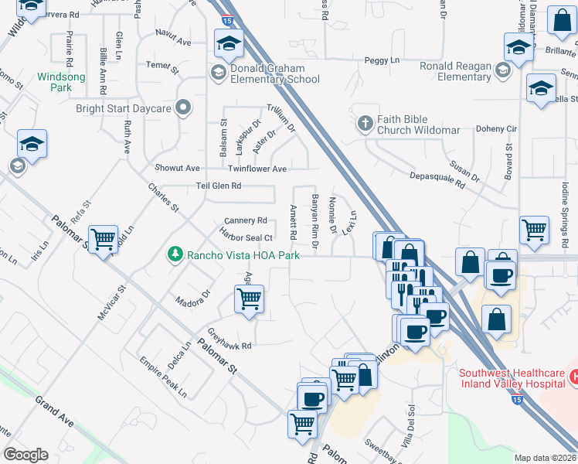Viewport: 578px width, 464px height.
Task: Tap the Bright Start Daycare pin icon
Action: click(x=183, y=108)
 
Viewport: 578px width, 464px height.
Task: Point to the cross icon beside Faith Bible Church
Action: click(x=365, y=122)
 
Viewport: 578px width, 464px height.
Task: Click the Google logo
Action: click(x=25, y=455)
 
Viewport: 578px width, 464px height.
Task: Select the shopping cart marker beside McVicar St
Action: click(x=103, y=239)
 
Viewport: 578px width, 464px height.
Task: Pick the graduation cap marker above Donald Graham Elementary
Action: click(x=229, y=45)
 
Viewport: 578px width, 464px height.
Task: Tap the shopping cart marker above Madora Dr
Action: click(x=249, y=299)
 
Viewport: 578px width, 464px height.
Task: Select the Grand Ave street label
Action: click(x=53, y=411)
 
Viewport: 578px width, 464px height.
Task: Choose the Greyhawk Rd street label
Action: click(x=230, y=339)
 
